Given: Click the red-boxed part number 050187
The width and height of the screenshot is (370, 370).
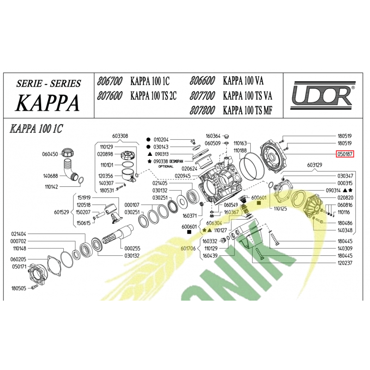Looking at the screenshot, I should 345,154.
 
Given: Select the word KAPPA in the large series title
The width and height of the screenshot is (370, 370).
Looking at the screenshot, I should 48,103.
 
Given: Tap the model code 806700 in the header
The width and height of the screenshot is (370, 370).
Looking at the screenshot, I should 110,81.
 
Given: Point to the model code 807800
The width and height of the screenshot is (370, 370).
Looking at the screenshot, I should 202,111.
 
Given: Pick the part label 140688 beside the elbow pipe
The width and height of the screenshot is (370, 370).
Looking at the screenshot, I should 50,176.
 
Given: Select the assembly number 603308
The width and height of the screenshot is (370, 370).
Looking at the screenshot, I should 120,136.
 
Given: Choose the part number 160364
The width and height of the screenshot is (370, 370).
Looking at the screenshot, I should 213,136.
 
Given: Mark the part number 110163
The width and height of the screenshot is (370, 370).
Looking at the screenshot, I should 240,143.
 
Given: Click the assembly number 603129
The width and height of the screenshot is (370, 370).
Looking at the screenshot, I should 315,165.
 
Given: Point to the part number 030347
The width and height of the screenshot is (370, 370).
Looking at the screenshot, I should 345,176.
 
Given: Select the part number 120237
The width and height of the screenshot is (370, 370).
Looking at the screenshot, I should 345,263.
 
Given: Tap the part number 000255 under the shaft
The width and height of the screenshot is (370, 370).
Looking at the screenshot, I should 132,248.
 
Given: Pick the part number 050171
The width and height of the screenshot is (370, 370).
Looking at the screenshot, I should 18,267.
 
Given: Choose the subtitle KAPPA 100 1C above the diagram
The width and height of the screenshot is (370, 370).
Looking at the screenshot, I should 36,129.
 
